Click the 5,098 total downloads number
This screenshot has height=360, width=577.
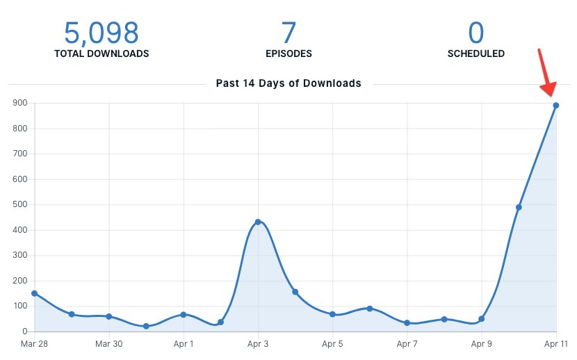click(x=101, y=33)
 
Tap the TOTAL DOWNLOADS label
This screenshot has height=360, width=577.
click(x=101, y=54)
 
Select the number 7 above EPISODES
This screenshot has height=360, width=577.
click(x=288, y=33)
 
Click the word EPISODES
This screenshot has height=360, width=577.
click(x=288, y=54)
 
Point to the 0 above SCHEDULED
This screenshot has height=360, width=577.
click(x=476, y=33)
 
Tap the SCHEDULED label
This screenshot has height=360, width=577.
click(x=476, y=54)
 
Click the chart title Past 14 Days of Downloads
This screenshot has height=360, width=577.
click(x=288, y=83)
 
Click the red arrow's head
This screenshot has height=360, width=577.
click(x=551, y=90)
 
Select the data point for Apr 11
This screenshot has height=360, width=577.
click(x=556, y=106)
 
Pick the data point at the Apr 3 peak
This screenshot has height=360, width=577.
click(x=258, y=222)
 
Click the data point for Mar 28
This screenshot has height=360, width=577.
click(x=34, y=293)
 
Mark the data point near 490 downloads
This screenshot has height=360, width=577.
click(x=519, y=207)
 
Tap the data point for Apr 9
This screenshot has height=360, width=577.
click(x=481, y=319)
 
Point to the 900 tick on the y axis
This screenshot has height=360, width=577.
click(x=19, y=103)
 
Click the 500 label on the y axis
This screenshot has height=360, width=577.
click(x=19, y=205)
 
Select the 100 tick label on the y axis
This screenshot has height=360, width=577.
click(x=19, y=306)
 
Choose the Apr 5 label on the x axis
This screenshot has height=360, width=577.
click(x=332, y=344)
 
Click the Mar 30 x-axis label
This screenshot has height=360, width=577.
click(x=108, y=344)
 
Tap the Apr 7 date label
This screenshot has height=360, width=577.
click(x=407, y=344)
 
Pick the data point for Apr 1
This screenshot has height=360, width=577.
click(x=184, y=315)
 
